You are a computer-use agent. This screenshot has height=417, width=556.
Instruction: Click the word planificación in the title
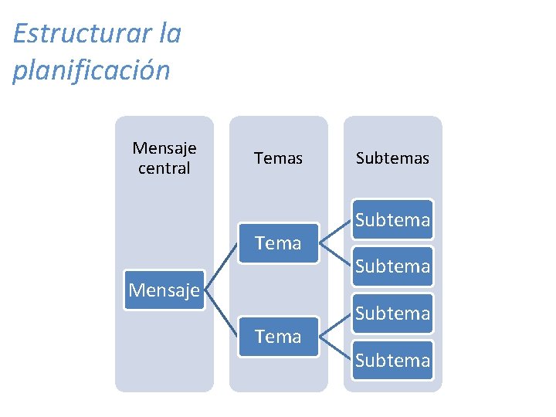91,70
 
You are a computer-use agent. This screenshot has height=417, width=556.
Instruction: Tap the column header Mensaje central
164,158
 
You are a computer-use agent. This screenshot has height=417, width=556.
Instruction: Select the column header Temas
278,158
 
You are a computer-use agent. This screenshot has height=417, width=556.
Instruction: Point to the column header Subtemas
392,158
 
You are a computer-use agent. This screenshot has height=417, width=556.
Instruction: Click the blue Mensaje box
164,290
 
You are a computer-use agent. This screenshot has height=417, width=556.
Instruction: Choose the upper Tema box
278,243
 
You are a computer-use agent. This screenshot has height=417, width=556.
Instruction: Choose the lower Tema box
278,337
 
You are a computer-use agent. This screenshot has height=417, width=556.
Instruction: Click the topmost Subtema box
392,220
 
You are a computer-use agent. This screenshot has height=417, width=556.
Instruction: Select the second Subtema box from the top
392,266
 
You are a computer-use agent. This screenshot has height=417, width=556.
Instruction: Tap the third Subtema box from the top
392,314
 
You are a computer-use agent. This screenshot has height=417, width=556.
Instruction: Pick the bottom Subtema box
392,360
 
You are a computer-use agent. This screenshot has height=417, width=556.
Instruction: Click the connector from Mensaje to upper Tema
222,266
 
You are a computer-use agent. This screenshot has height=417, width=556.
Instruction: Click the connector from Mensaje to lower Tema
222,314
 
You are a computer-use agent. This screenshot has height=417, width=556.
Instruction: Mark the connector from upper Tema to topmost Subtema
335,232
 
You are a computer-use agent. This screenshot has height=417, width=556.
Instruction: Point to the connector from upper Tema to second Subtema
335,256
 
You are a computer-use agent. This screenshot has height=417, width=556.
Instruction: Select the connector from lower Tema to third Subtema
335,325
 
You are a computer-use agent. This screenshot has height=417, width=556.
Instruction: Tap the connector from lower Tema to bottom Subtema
335,349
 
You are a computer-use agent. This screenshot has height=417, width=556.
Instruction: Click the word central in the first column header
164,168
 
